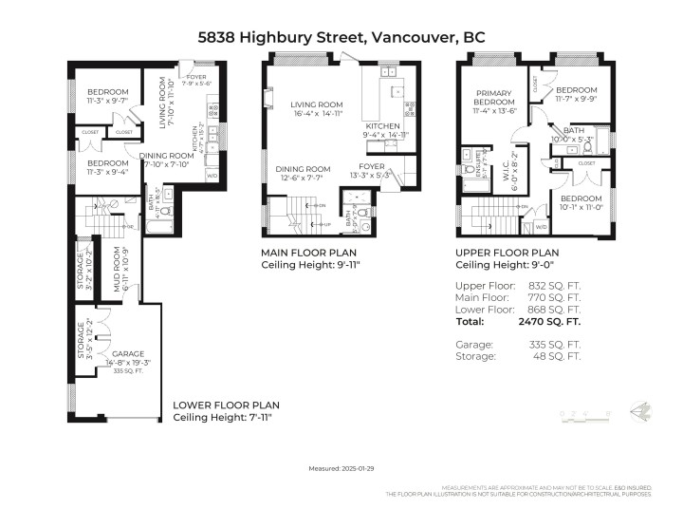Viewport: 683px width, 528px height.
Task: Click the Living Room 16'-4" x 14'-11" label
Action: [x=317, y=110]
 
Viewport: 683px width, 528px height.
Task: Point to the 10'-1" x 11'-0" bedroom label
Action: [x=580, y=202]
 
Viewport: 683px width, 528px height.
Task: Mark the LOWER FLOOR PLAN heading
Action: [x=226, y=405]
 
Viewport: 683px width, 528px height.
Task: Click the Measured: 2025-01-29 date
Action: [x=341, y=468]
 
